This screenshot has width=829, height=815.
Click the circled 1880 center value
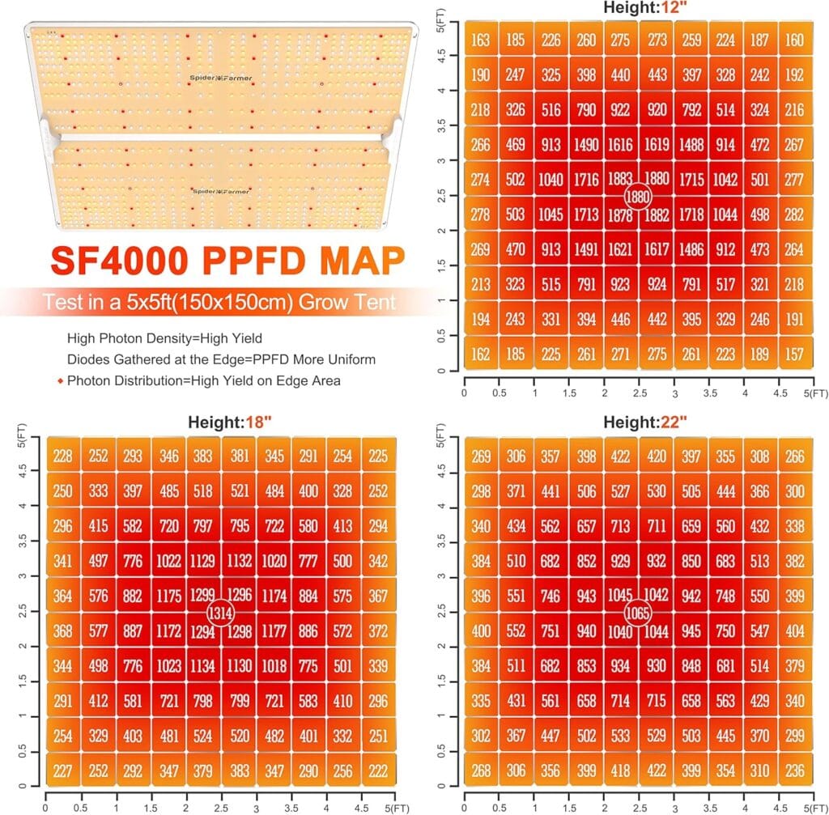(x=638, y=196)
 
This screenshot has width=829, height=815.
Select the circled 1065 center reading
(x=638, y=612)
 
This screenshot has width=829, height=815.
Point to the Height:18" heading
(x=222, y=422)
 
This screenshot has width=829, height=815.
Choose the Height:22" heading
(x=640, y=422)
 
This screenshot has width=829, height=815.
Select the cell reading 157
(x=796, y=354)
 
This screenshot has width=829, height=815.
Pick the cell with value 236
(x=796, y=770)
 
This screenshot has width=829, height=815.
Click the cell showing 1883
(x=619, y=180)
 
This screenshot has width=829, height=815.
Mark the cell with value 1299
(x=202, y=595)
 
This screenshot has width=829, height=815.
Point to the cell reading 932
(x=657, y=560)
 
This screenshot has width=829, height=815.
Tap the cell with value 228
(x=62, y=456)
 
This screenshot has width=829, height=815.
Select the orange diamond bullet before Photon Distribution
(x=60, y=379)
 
